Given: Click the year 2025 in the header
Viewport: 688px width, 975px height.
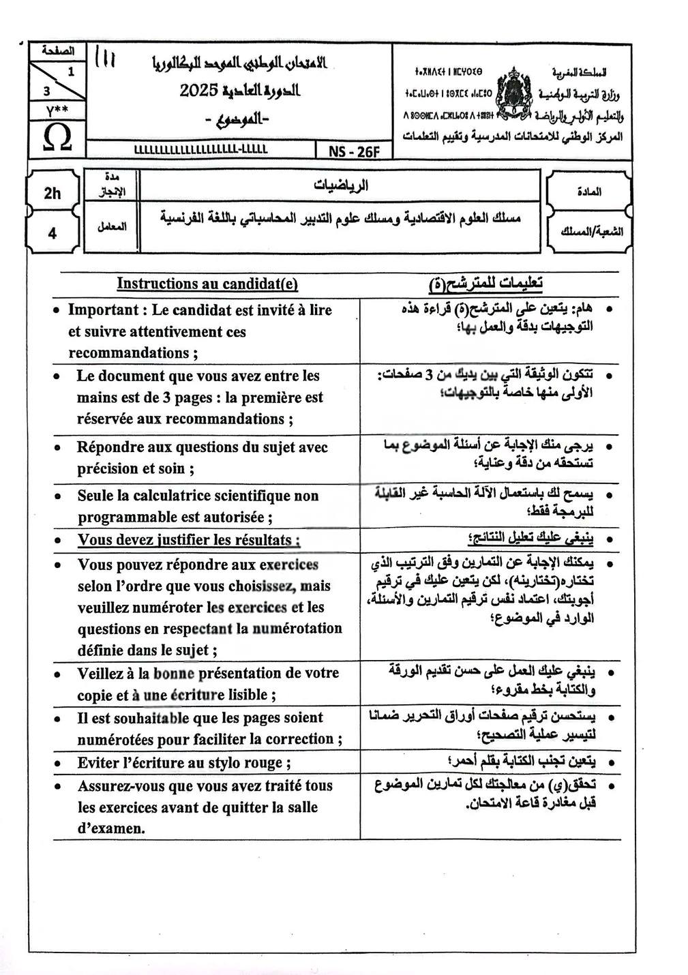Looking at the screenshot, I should click(x=198, y=90).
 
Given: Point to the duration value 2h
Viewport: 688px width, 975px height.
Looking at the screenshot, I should click(x=53, y=194).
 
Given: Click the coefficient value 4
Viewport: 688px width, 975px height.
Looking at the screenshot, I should click(x=53, y=233).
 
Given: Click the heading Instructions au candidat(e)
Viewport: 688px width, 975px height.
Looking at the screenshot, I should click(x=207, y=284).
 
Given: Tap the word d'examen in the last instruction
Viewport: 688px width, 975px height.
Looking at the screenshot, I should click(x=110, y=829).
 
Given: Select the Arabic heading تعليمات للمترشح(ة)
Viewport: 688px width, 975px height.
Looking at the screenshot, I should click(x=485, y=283).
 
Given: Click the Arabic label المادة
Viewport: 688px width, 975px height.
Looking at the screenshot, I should click(x=589, y=192).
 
